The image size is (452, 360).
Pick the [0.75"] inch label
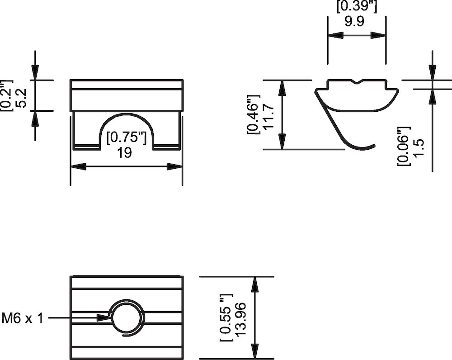tap(126, 138)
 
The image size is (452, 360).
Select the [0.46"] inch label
tap(254, 115)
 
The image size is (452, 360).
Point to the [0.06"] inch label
tap(403, 146)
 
